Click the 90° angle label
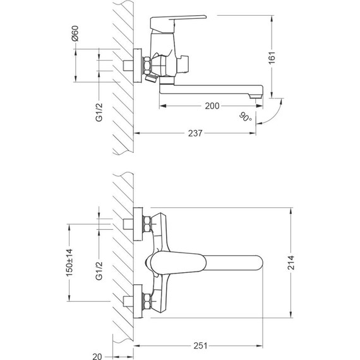(246, 117)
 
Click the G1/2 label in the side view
(99, 109)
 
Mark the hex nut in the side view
(147, 66)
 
